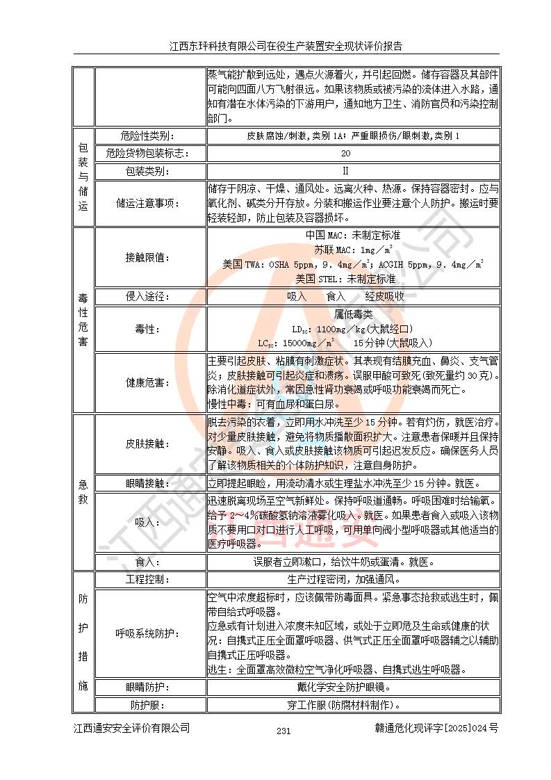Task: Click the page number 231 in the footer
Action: pyautogui.click(x=283, y=731)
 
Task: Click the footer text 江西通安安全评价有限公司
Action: pyautogui.click(x=132, y=729)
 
